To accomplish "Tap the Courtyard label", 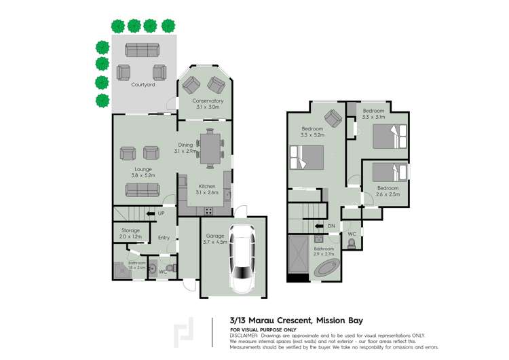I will (143, 85).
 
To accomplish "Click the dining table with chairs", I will (210, 149).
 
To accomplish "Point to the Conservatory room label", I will (208, 101).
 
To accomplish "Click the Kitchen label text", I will (207, 186).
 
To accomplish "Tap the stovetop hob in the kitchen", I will (207, 211).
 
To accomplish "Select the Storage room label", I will (130, 230).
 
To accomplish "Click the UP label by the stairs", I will (161, 214).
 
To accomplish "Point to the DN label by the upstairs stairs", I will (331, 226).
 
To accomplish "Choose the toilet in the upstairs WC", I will (351, 243).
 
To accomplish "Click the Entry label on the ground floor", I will (164, 238).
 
